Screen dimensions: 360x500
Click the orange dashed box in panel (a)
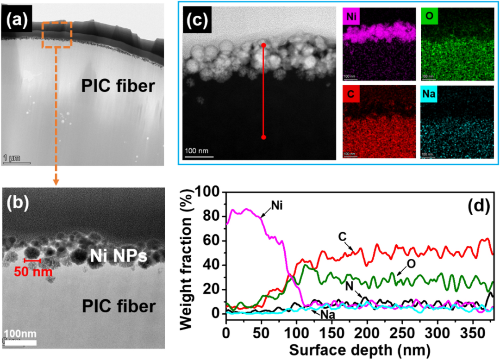(56, 34)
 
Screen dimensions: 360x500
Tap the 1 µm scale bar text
(12, 158)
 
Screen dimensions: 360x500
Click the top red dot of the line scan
(263, 45)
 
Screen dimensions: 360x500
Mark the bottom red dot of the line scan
(263, 137)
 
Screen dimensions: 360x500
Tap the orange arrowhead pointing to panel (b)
(56, 182)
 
